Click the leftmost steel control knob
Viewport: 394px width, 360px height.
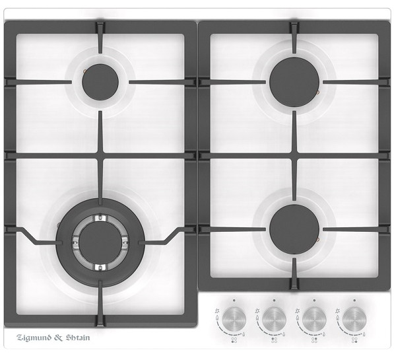234,319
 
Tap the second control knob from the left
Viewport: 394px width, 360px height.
274,319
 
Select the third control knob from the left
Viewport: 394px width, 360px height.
314,319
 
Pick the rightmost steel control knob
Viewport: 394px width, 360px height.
354,319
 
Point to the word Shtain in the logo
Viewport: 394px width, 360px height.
78,338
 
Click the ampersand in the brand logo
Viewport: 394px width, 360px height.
58,338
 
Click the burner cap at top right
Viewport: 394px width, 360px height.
294,83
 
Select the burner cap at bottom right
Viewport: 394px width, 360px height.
294,229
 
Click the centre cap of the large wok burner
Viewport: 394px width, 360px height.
100,242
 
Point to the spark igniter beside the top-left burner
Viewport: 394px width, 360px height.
84,71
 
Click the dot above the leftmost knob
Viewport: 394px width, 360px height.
234,301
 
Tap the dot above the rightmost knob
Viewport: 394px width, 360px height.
354,301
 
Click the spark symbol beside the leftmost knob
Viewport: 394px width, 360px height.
217,311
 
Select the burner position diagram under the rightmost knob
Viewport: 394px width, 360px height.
354,340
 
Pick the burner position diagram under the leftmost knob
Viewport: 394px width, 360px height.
234,340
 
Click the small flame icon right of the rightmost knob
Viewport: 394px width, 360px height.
364,334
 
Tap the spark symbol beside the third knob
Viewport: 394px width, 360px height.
297,311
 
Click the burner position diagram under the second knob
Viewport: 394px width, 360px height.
274,340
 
